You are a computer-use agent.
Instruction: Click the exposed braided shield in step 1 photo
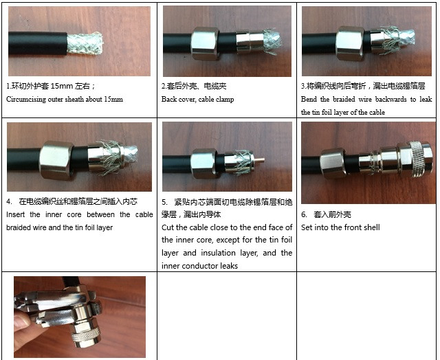pos(85,43)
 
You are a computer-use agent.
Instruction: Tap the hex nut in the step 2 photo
pos(206,43)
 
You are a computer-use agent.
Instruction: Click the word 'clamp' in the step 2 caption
pos(225,100)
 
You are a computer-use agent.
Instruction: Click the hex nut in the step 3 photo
pos(351,43)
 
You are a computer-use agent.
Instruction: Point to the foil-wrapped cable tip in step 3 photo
pos(407,37)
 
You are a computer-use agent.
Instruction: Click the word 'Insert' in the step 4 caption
pos(15,215)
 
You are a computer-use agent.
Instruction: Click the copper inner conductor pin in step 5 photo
pos(259,161)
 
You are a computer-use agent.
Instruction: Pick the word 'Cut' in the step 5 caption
pos(168,227)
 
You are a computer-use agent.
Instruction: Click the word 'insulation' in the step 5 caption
pos(218,253)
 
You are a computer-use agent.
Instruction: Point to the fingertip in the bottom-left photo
pos(21,320)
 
